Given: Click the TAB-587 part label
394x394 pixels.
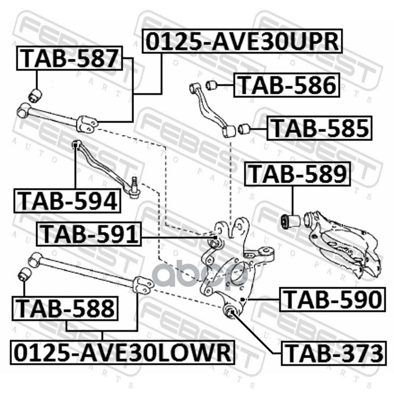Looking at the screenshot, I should [70, 59].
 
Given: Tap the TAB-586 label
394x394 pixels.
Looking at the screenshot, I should [287, 85].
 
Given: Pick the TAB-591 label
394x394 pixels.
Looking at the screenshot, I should [89, 233].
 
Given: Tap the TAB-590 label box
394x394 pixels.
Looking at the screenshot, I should [331, 300].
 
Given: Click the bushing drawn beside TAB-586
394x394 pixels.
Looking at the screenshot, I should [212, 84].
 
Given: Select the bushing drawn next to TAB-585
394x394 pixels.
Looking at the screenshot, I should [243, 130].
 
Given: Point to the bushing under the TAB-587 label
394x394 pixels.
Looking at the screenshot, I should [35, 94].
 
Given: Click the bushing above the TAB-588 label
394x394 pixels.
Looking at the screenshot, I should [24, 273].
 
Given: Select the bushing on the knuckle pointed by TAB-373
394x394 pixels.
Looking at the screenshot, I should [230, 311].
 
